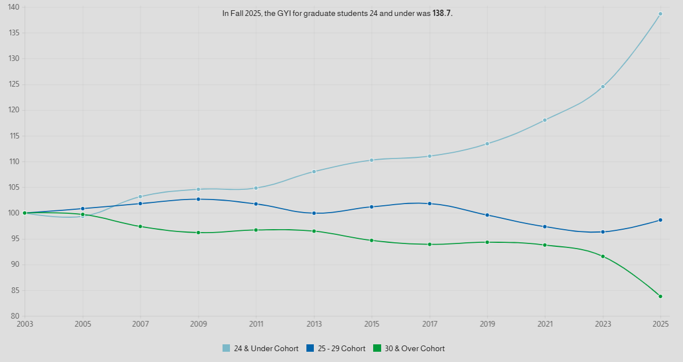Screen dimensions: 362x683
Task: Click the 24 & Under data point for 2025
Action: (660, 14)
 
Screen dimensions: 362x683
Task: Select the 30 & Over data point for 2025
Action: (660, 296)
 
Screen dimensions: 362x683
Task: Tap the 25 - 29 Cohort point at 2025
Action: (660, 220)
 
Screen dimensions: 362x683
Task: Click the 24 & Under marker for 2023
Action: (603, 87)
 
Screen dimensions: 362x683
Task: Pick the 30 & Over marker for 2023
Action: (603, 257)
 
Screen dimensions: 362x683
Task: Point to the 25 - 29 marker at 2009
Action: (198, 199)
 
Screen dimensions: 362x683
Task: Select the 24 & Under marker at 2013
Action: (314, 172)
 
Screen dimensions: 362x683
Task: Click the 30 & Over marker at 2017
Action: (429, 245)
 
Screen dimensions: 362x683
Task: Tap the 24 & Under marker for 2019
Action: (487, 144)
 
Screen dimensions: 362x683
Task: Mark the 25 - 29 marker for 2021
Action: (545, 227)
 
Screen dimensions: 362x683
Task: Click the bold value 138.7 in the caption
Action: (442, 13)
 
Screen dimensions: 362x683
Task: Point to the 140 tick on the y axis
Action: (14, 7)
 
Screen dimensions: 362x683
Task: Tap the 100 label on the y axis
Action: (14, 213)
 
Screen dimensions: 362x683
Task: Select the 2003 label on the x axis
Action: (25, 324)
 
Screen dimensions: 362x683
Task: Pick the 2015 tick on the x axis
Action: (371, 324)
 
